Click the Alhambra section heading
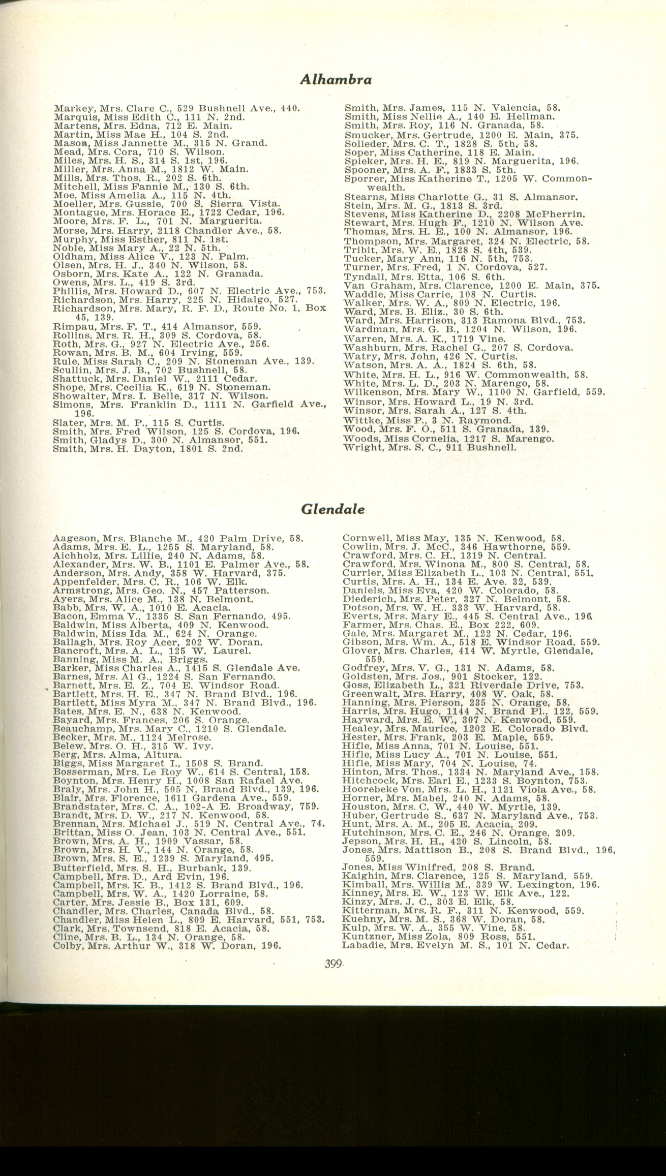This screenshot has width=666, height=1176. pos(336,79)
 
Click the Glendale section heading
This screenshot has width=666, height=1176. pos(333,509)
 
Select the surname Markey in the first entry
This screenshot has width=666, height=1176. pos(68,108)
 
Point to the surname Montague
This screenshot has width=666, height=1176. pos(74,212)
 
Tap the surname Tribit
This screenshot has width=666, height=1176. pos(358,250)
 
